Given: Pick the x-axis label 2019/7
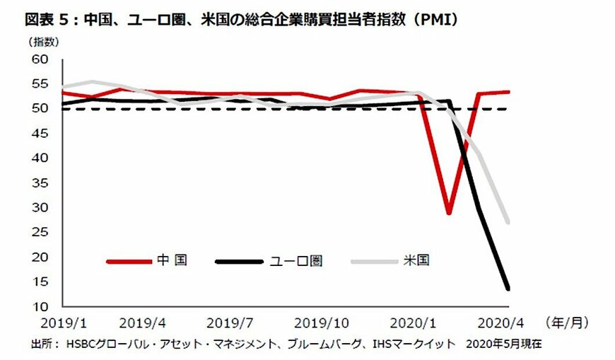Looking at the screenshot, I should pos(230,323).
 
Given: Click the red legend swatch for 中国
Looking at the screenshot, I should pos(129,261).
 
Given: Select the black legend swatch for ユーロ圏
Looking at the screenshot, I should pos(240,261).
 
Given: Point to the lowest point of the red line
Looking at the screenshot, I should pos(448,213).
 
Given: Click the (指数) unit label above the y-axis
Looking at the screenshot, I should pos(44,42).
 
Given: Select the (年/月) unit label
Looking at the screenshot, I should pos(566,323).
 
